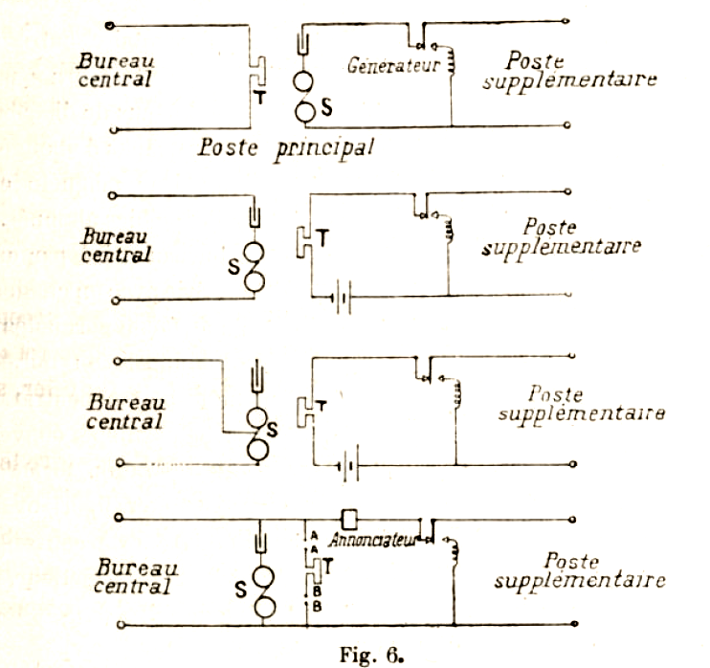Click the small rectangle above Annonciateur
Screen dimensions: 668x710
[x=351, y=518]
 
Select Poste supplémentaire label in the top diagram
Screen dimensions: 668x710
[x=570, y=70]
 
